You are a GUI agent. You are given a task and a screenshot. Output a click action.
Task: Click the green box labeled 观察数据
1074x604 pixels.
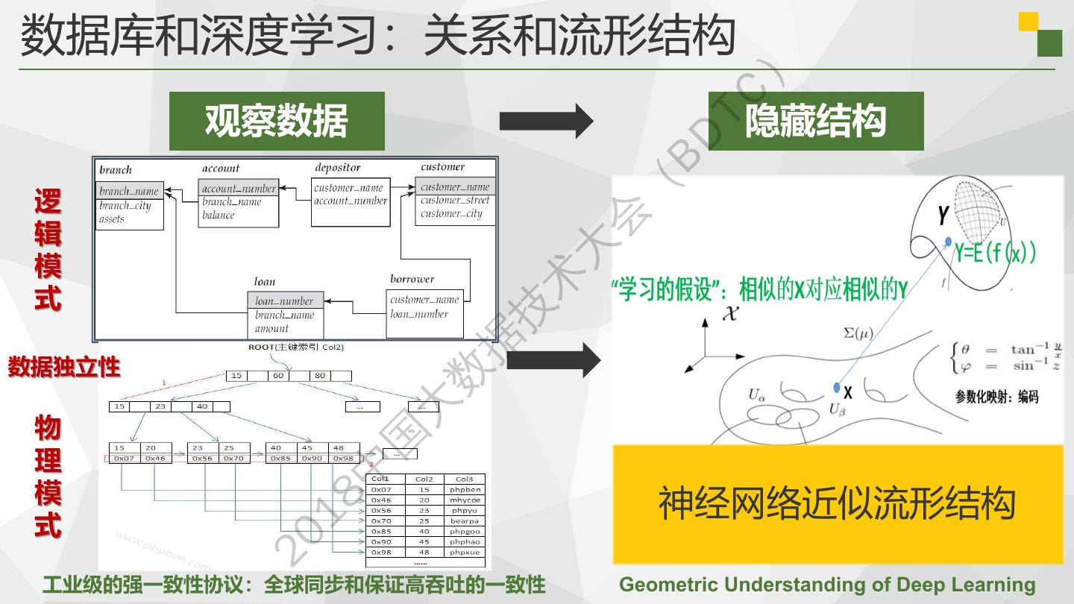pos(277,121)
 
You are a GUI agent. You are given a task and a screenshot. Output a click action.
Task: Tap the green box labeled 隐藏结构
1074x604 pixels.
pos(816,121)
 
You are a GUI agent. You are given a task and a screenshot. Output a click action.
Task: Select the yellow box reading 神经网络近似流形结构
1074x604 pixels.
pos(838,504)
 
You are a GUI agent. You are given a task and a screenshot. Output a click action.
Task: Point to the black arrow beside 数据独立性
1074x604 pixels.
pos(553,360)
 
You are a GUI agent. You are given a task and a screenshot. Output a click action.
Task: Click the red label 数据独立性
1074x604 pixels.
pos(64,367)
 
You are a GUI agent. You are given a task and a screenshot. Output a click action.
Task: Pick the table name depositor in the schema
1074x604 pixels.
pos(337,168)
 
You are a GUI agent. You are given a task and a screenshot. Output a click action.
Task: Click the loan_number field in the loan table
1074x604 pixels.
pos(284,301)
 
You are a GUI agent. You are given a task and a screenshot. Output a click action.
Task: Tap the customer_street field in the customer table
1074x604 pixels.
pos(455,200)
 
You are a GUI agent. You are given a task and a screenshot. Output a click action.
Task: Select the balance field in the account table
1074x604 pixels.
pos(219,215)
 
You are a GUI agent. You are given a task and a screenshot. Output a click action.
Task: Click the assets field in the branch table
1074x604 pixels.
pos(112,219)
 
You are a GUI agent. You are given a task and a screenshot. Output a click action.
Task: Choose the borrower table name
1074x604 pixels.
pos(412,279)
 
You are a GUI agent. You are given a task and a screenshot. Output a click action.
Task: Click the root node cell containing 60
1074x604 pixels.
pos(278,376)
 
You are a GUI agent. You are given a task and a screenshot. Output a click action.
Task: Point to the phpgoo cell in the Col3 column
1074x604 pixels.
pos(465,531)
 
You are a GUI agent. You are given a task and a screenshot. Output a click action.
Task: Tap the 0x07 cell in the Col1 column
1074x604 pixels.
pos(381,489)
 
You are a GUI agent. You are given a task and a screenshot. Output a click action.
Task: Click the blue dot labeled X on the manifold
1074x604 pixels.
pos(837,388)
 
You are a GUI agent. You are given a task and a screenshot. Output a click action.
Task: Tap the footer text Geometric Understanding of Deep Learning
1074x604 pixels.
pos(827,585)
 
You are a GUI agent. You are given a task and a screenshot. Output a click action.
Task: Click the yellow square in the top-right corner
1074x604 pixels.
pos(1029,21)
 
